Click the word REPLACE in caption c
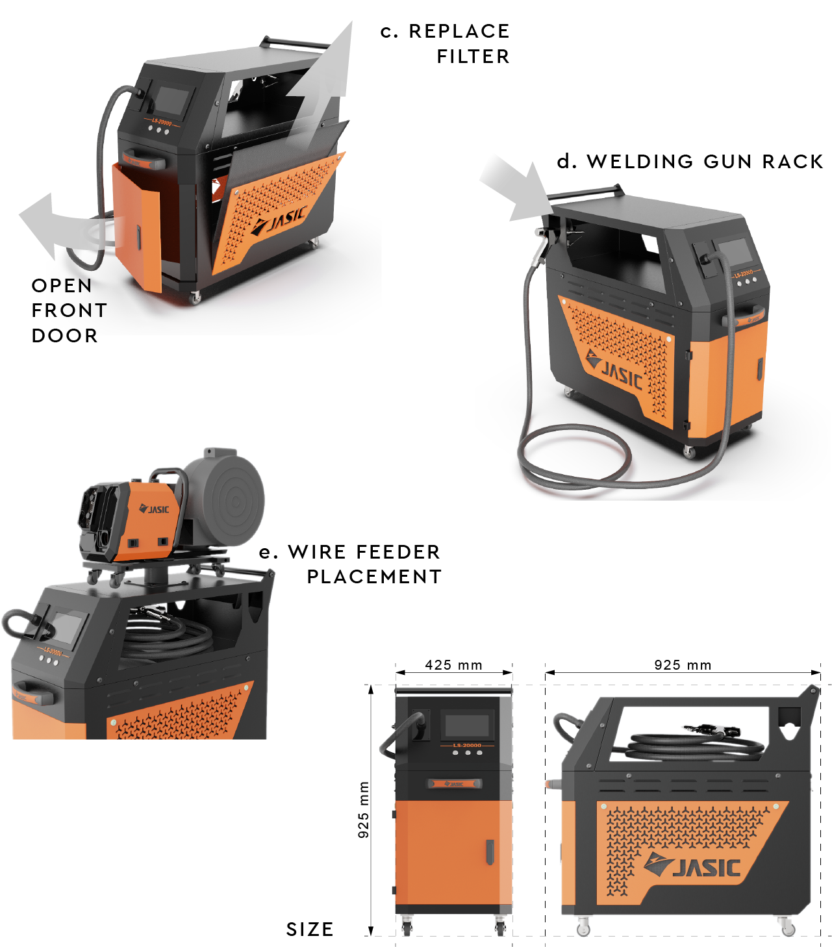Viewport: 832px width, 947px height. (459, 31)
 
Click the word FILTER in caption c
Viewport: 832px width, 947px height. (473, 57)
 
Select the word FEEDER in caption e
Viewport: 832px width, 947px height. (399, 552)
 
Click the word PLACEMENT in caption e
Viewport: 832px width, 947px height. (374, 577)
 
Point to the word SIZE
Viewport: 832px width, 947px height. (310, 929)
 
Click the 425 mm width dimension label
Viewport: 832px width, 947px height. (453, 665)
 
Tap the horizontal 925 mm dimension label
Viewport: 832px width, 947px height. (683, 665)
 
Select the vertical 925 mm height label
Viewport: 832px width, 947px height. (364, 809)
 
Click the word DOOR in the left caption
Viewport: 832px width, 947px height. (65, 336)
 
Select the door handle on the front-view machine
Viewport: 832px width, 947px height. (490, 852)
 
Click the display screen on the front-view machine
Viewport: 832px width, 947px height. (466, 726)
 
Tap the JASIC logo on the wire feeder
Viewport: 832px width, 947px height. (155, 509)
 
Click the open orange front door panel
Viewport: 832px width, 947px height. (138, 227)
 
